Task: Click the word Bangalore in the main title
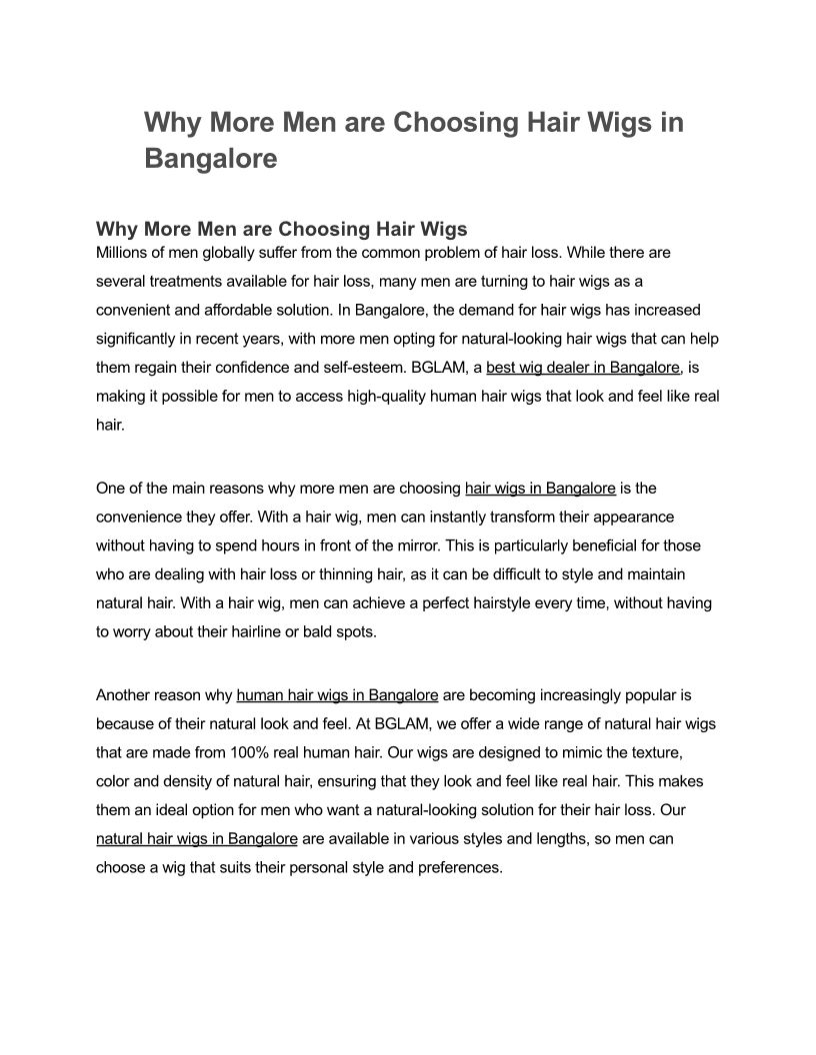pyautogui.click(x=210, y=158)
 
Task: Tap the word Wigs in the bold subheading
pyautogui.click(x=437, y=229)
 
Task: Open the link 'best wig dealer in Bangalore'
pyautogui.click(x=583, y=368)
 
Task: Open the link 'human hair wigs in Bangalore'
pyautogui.click(x=337, y=694)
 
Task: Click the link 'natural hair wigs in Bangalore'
pyautogui.click(x=197, y=838)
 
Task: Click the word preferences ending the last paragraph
pyautogui.click(x=458, y=867)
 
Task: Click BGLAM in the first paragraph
pyautogui.click(x=436, y=368)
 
